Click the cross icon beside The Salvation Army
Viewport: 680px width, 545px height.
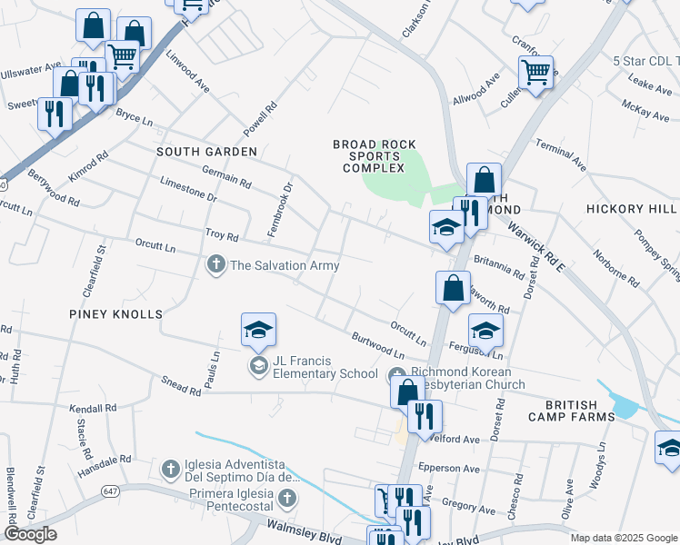[215, 265]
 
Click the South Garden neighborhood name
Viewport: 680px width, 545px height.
[206, 152]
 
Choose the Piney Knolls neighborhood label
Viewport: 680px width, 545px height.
[115, 314]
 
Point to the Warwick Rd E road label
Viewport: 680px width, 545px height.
[536, 241]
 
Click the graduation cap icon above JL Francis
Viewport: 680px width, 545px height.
[259, 330]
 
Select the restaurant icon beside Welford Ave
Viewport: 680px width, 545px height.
[424, 416]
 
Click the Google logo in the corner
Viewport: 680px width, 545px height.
[29, 534]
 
